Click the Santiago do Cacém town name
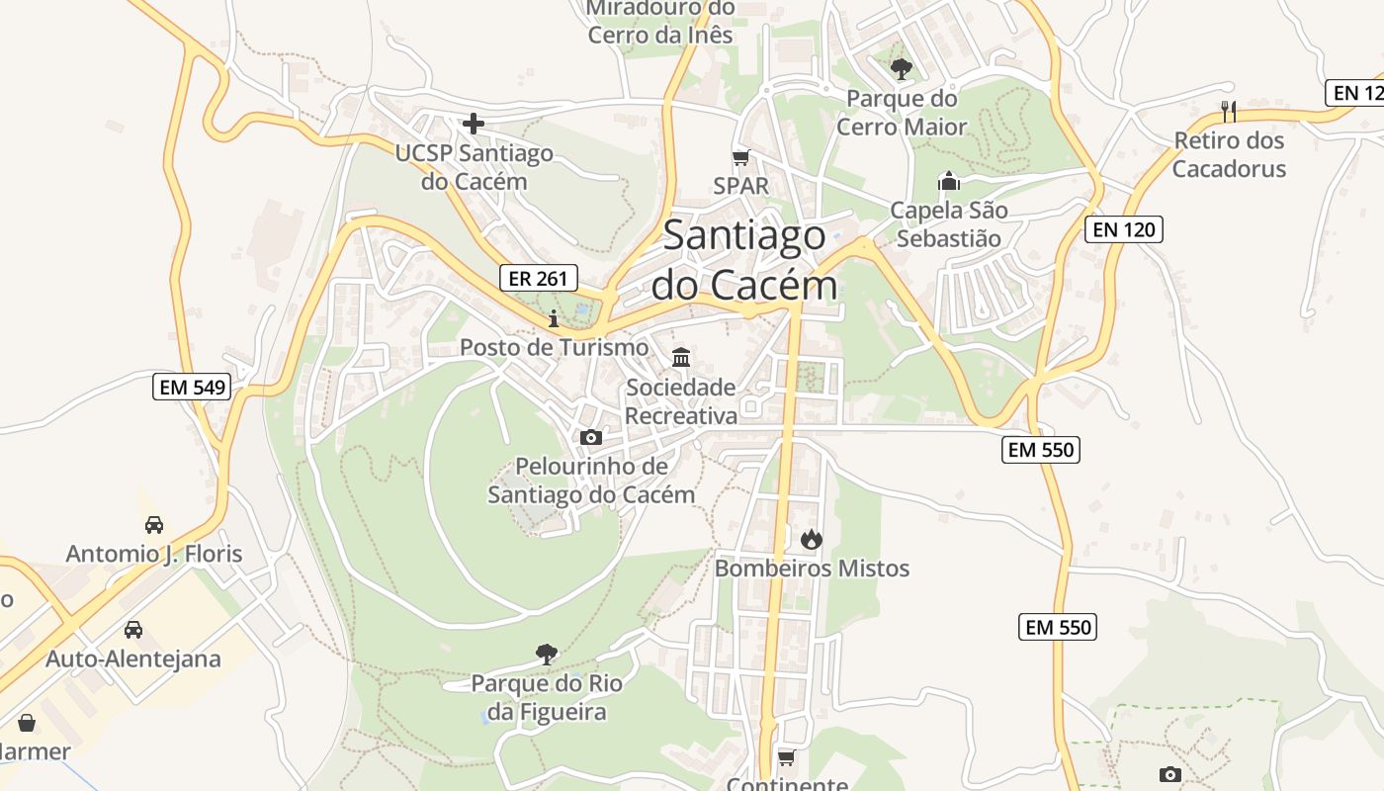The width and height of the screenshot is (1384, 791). [744, 260]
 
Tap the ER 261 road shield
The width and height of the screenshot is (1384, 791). [538, 278]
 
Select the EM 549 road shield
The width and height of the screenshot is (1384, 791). [193, 387]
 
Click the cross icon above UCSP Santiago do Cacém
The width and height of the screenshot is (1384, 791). [474, 125]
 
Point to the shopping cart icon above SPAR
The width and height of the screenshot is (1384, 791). [740, 157]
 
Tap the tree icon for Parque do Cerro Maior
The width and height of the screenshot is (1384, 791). [901, 69]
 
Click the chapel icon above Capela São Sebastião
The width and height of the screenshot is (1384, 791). [949, 181]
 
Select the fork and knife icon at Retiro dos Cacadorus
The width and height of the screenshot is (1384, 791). [1229, 111]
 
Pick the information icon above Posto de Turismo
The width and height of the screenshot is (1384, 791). [554, 318]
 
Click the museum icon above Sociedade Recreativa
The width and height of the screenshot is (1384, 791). [681, 357]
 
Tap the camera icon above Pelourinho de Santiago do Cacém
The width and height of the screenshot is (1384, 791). [591, 437]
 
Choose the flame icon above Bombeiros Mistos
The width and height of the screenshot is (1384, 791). [812, 539]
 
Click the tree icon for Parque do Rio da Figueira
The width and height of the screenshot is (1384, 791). [546, 654]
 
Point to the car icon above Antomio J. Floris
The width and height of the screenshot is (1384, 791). [154, 524]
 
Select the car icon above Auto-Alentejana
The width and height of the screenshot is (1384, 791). [133, 630]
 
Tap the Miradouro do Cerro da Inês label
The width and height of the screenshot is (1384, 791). [660, 22]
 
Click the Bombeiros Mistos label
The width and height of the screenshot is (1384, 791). [812, 569]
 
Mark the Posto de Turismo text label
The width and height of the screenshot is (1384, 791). [554, 348]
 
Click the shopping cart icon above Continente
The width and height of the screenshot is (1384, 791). [787, 757]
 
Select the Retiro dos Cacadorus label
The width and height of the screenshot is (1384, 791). [1230, 154]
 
